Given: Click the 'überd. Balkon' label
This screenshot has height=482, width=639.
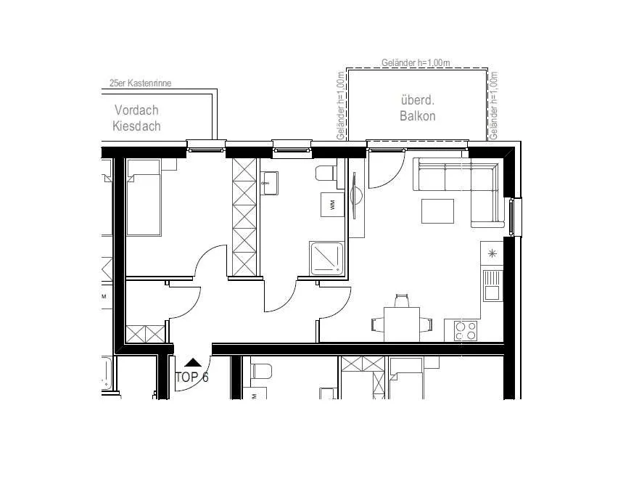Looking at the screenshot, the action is [x=417, y=108].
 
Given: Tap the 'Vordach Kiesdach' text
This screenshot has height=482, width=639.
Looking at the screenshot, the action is [x=136, y=118].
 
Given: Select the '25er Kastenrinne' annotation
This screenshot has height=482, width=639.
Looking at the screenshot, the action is [x=140, y=83].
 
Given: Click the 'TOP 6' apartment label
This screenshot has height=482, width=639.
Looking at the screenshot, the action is [x=191, y=377].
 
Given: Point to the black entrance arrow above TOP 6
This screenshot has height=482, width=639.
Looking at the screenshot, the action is [x=193, y=362].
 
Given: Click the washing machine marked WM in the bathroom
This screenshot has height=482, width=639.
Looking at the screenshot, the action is [x=332, y=205].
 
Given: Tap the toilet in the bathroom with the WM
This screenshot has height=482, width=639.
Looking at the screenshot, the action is [x=326, y=173].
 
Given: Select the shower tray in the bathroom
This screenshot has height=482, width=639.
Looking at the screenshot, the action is [x=326, y=259].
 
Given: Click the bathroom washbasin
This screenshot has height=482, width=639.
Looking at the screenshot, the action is [x=270, y=183].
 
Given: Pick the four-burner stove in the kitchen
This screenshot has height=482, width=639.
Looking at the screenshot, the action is [x=466, y=330].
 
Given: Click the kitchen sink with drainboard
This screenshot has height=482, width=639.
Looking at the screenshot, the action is [x=492, y=285].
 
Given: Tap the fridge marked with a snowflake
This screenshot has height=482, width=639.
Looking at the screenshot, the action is [x=492, y=253].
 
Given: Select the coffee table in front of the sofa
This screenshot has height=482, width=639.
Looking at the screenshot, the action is [x=437, y=211].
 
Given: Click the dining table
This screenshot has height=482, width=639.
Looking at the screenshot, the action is [x=402, y=324].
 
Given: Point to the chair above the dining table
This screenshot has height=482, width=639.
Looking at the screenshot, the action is [x=401, y=301].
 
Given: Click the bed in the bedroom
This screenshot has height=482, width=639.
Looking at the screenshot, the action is [x=144, y=197].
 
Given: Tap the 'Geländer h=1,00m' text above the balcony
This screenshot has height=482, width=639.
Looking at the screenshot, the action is [x=416, y=63].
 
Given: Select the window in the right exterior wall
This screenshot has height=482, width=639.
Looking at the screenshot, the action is [x=515, y=217].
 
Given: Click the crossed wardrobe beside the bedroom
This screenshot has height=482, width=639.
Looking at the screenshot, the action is [x=244, y=217].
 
